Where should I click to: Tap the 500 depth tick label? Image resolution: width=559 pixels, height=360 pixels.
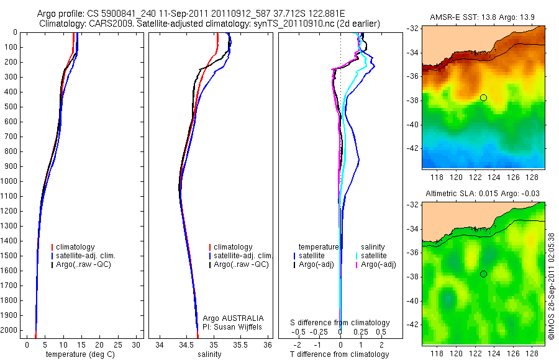pos(11,107)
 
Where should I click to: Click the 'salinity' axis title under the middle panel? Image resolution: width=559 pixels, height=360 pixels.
pos(209,354)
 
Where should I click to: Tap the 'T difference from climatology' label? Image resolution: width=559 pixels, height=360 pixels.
pos(340,354)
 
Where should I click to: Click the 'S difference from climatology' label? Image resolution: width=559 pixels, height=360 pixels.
pos(340,323)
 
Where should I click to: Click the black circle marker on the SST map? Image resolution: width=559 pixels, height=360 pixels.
pos(483,97)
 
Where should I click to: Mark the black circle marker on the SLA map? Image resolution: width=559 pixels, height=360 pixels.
pos(483,274)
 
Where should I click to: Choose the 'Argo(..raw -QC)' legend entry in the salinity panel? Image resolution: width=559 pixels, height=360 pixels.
pos(240,264)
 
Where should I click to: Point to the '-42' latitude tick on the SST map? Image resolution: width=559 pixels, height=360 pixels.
pos(412,148)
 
